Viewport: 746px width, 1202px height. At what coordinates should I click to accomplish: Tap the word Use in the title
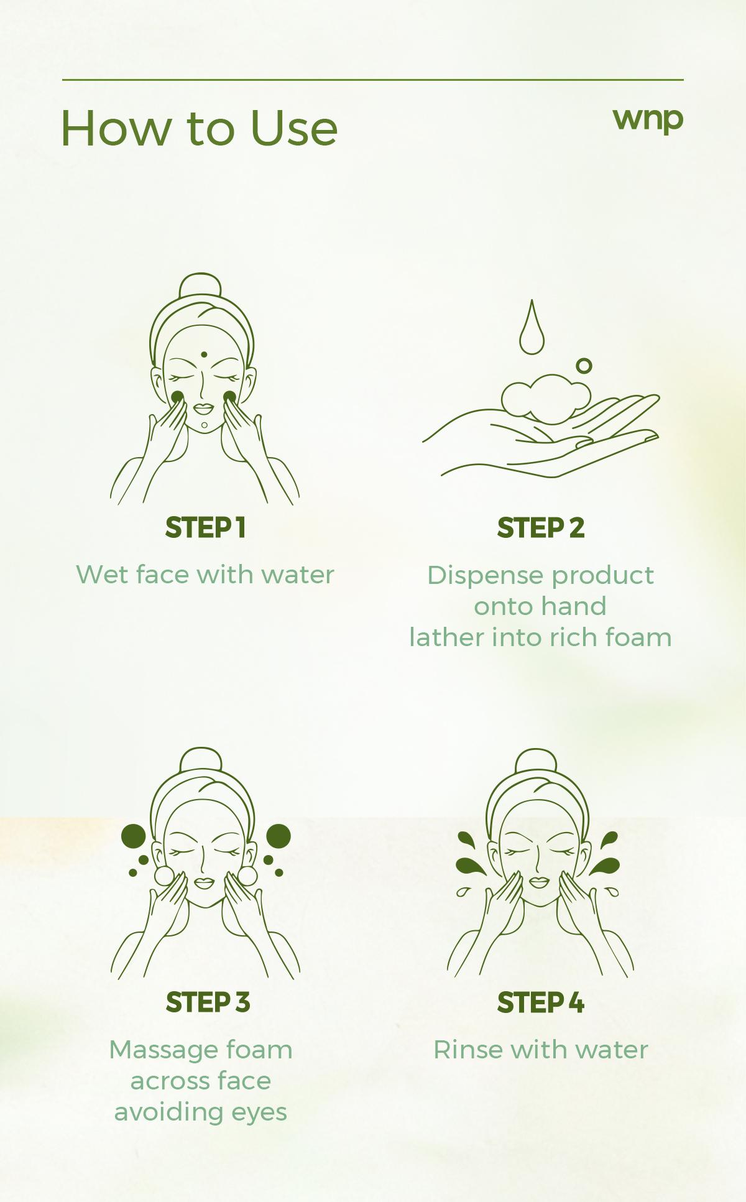[x=294, y=129]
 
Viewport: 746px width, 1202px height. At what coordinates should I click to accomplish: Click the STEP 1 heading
[x=206, y=528]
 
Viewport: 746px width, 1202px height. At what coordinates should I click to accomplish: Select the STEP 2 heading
[x=541, y=528]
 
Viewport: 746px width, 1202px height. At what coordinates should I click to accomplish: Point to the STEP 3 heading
[x=208, y=1002]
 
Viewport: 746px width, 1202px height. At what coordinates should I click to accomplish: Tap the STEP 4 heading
[x=541, y=1002]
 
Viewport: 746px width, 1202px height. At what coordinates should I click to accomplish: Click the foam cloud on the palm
[x=546, y=398]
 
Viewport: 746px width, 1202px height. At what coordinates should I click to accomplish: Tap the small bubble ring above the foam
[x=584, y=366]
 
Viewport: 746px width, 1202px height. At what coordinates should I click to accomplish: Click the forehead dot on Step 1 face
[x=204, y=354]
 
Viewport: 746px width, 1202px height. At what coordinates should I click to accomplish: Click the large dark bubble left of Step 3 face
[x=133, y=836]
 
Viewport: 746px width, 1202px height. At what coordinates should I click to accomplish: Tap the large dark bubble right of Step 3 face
[x=279, y=836]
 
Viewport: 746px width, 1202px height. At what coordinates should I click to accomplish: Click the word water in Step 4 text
[x=612, y=1050]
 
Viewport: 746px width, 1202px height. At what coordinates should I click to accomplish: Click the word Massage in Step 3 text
[x=163, y=1050]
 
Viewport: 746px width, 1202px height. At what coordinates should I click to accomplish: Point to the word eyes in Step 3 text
[x=259, y=1112]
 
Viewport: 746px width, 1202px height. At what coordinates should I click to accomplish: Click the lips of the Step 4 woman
[x=539, y=882]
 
